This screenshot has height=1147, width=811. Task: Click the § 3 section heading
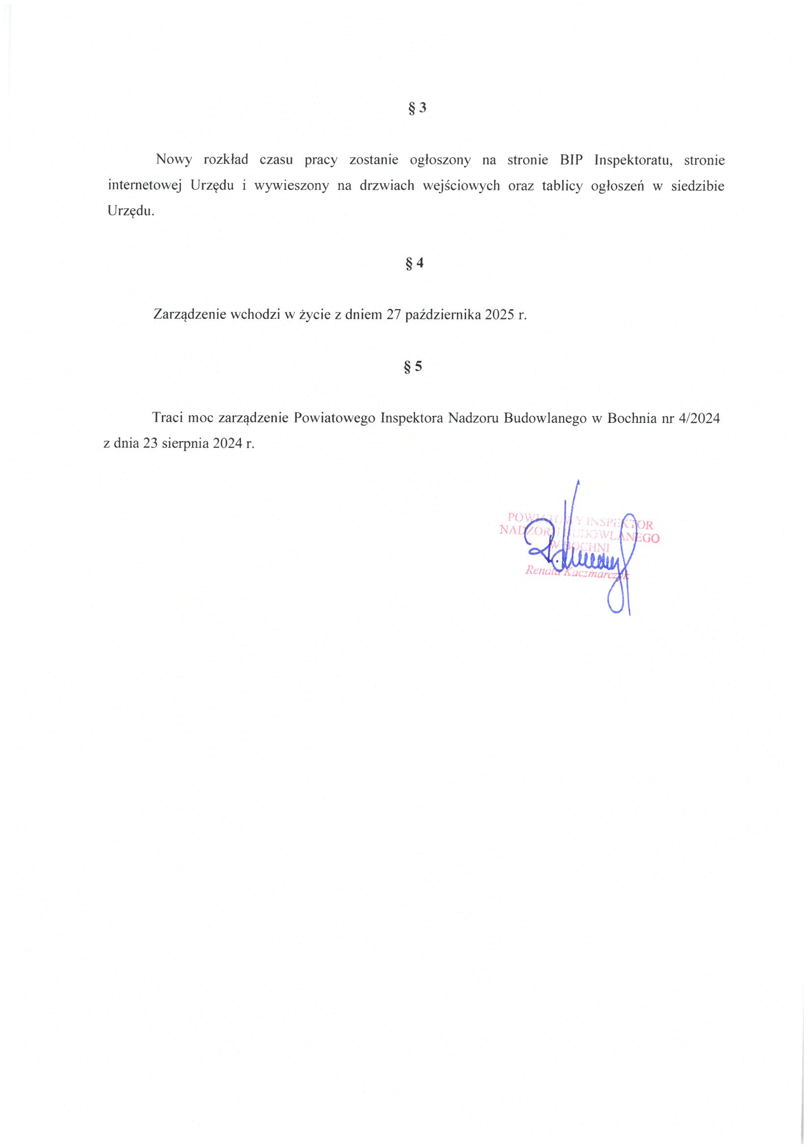point(417,108)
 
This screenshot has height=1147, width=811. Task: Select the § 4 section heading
point(414,263)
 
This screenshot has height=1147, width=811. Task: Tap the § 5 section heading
point(413,366)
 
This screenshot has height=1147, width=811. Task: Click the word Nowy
point(173,160)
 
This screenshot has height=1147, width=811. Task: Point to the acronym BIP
point(571,160)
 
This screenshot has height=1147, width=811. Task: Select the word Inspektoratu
point(633,160)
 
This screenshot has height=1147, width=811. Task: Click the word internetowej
point(144,186)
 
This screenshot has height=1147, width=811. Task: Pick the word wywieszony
point(291,186)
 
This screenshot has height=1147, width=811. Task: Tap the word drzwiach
point(387,186)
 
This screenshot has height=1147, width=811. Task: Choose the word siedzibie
point(697,186)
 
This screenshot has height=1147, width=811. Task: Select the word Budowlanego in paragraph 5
point(545,418)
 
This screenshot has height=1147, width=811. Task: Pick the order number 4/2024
point(699,418)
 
